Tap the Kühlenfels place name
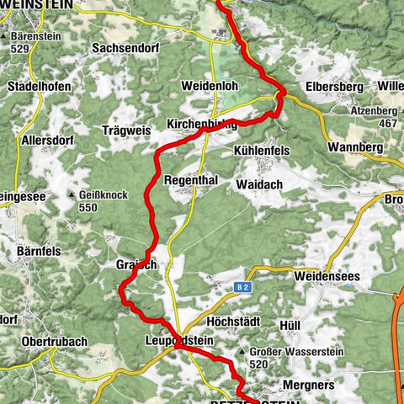(x=260, y=149)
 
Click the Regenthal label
(x=193, y=181)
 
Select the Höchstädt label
(x=231, y=322)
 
